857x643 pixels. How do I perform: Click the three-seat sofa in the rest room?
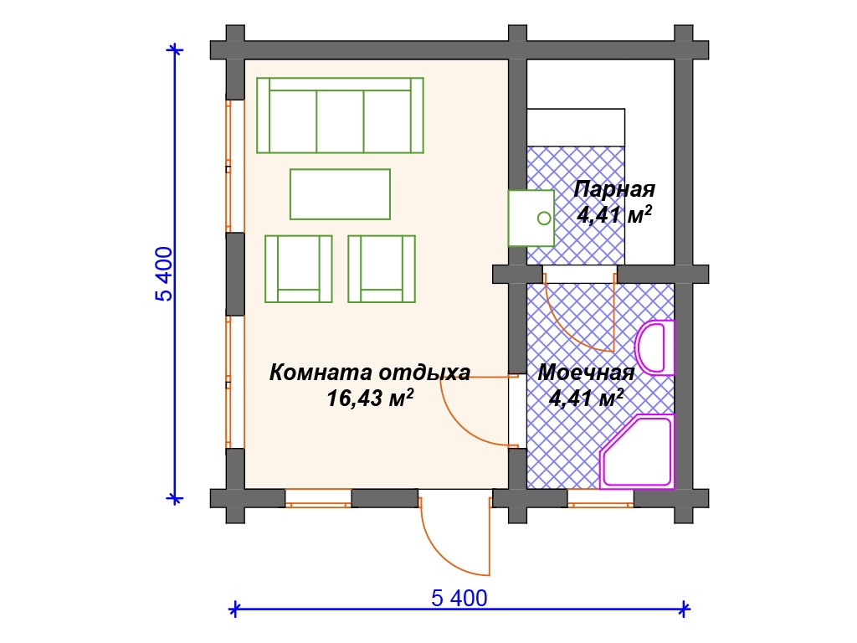point(340,116)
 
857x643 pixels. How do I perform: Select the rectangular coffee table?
point(340,194)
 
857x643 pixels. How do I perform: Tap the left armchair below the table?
point(299,269)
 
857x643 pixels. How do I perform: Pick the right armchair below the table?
point(382,269)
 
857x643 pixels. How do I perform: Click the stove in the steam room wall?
point(531,219)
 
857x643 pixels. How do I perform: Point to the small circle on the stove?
point(544,219)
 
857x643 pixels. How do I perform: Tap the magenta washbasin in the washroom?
point(654,347)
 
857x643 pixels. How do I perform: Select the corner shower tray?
point(637,451)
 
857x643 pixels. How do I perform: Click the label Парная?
point(614,189)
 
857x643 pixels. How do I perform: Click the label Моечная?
point(586,373)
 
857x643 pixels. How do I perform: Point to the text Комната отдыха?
point(369,373)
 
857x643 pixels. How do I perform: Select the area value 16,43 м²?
point(370,398)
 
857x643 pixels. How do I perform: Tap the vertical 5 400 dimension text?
point(164,275)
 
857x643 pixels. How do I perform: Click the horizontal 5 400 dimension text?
point(459,598)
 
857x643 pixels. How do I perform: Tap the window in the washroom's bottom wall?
point(600,499)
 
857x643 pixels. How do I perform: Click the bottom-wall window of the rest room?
point(318,499)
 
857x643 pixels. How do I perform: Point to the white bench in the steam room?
point(576,127)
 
